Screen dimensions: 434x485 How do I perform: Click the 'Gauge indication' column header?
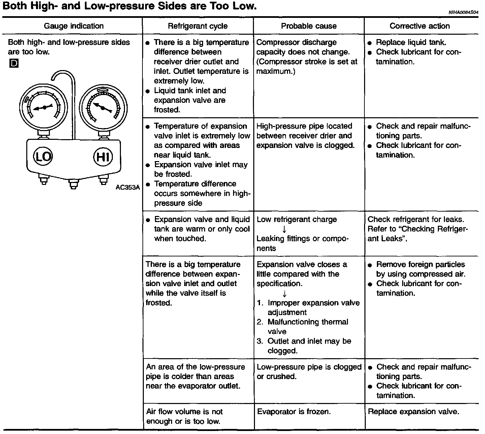pos(74,26)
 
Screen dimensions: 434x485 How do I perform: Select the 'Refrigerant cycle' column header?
pos(198,26)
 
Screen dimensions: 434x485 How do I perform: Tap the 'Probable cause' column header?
pos(309,26)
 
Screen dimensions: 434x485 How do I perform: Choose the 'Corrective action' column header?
pos(419,26)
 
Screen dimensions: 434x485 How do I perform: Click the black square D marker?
pos(14,63)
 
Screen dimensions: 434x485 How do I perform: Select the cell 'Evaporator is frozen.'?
pos(294,411)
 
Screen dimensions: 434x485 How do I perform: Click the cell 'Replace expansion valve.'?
pos(413,411)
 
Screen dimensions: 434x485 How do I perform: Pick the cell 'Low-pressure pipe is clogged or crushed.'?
pos(309,371)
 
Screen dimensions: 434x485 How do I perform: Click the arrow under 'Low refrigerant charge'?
pos(284,229)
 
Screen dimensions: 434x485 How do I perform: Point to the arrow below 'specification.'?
pos(284,293)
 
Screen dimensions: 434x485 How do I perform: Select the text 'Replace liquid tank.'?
pos(411,42)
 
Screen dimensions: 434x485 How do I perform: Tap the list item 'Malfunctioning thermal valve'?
pos(308,327)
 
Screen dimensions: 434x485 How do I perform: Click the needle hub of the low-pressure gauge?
pos(44,107)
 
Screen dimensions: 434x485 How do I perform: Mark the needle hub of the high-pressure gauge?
pos(103,107)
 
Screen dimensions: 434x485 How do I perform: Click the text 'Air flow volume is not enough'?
pos(184,416)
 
